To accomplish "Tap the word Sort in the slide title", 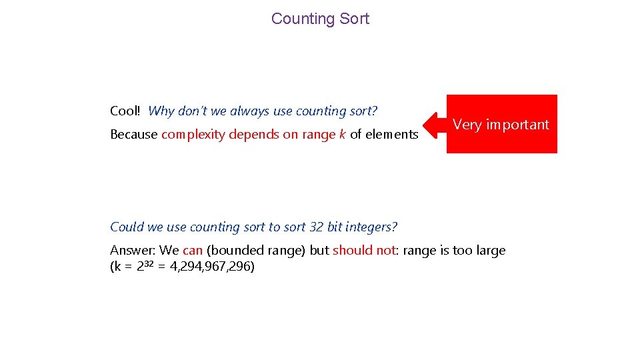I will point(354,19).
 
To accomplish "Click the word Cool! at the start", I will point(125,111).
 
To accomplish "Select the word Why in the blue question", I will point(161,111).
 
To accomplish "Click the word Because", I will point(133,135).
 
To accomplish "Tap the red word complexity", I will point(193,135).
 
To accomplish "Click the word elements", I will point(391,135).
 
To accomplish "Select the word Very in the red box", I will point(467,125).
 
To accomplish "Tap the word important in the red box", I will point(518,125).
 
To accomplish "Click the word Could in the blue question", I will point(127,227).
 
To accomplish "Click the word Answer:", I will point(133,251).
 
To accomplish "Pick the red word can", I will point(193,251).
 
